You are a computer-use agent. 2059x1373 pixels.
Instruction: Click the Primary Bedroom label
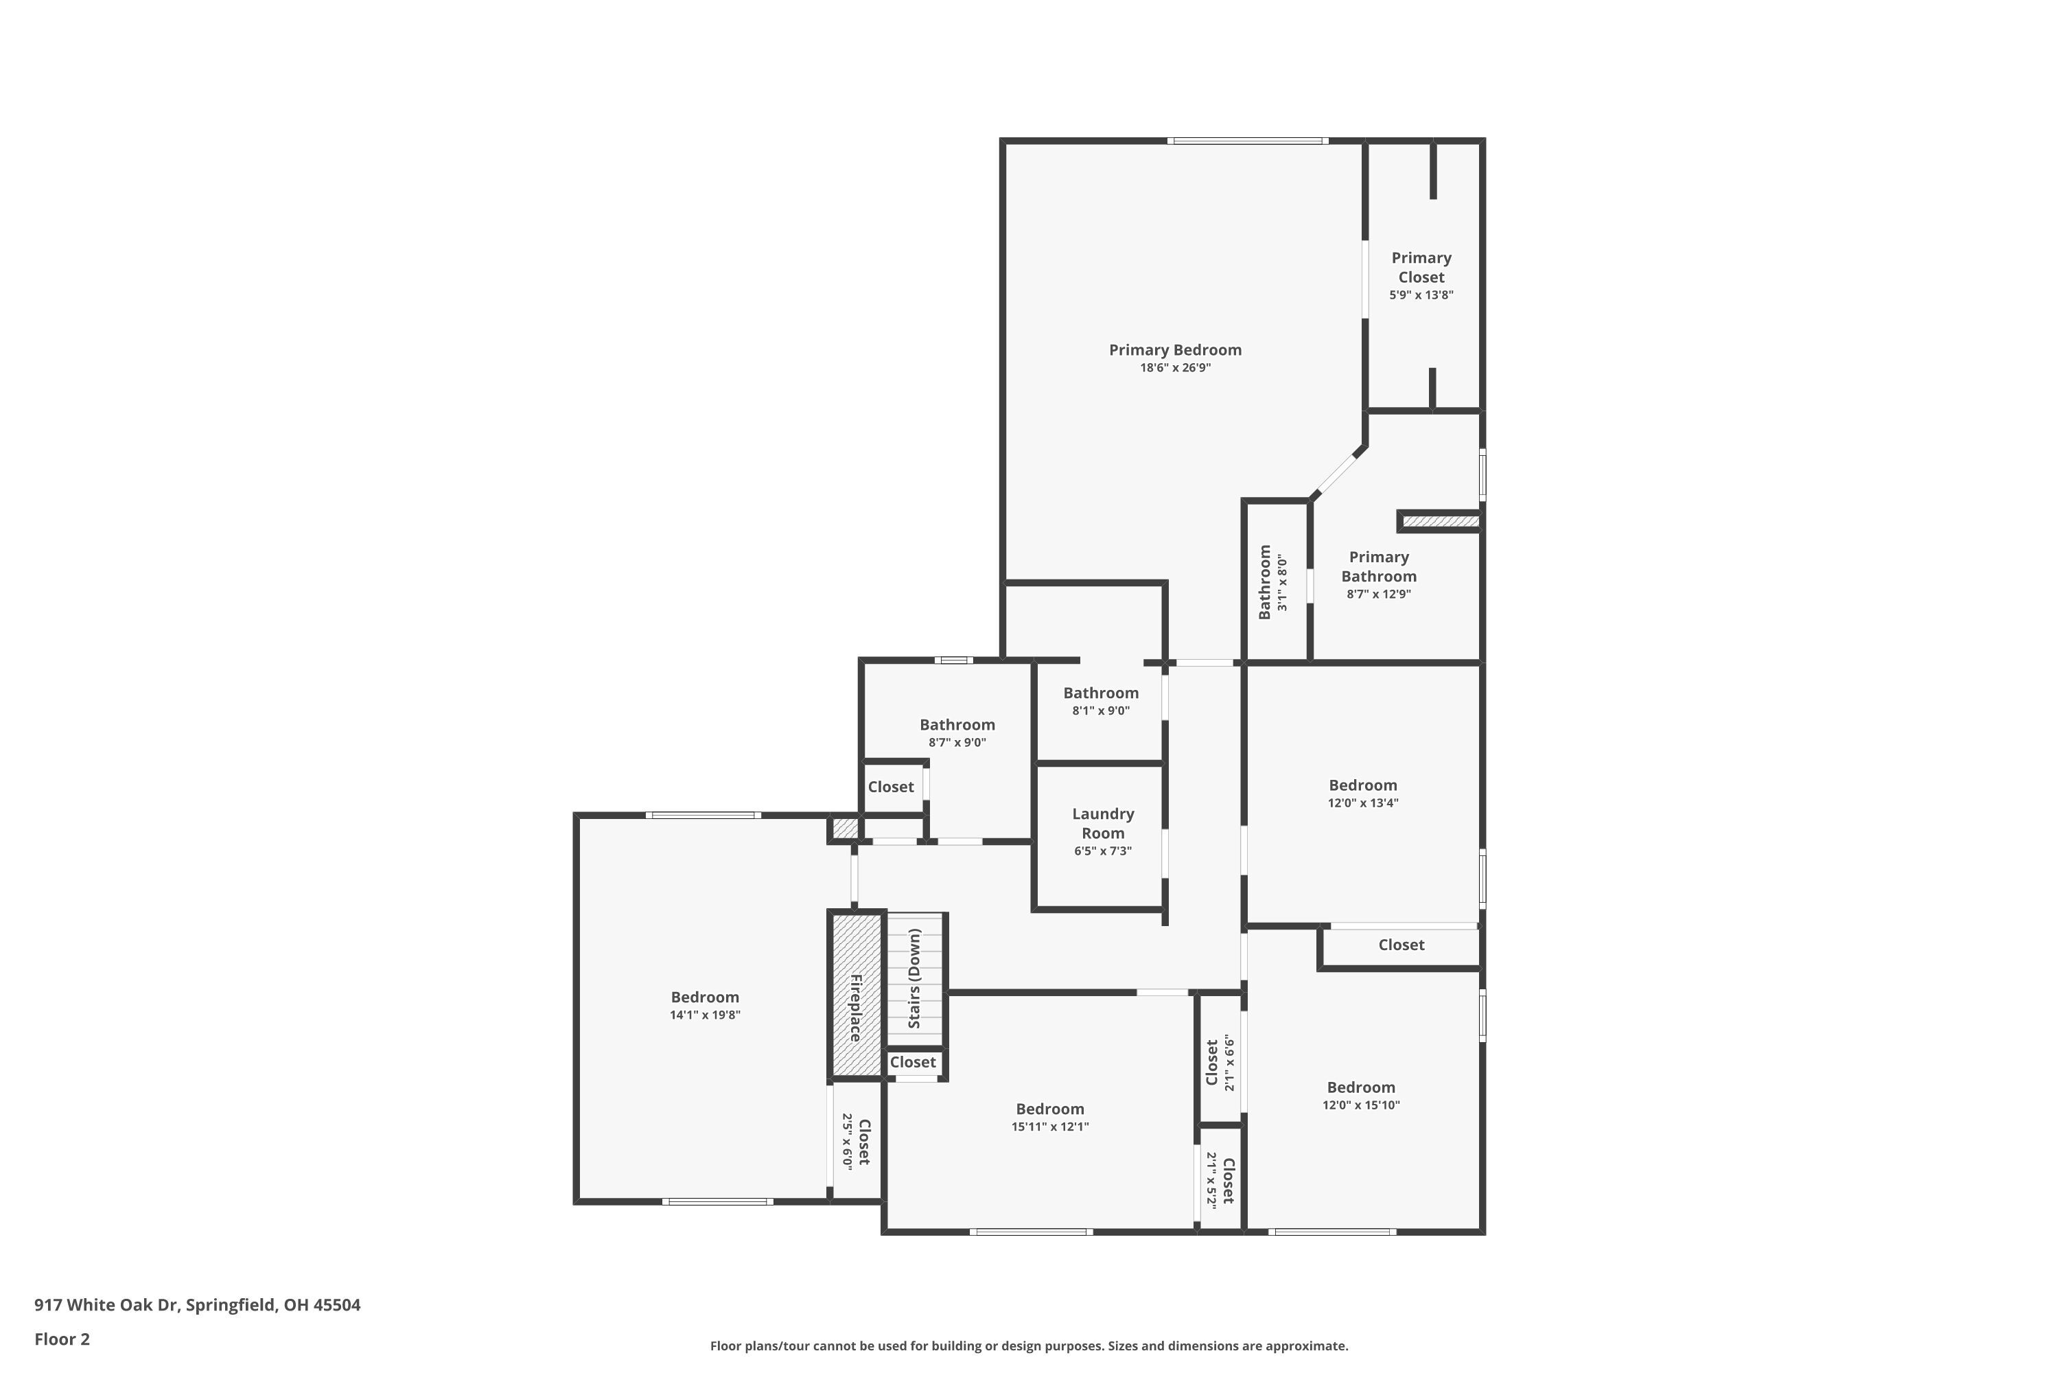[x=1175, y=350]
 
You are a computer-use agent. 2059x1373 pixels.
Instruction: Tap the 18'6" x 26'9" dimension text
[x=1175, y=369]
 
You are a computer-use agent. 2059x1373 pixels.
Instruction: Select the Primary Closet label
[x=1421, y=267]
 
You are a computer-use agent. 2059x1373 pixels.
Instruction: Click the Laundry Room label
[x=1102, y=823]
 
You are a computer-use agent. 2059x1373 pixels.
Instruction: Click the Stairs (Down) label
[x=915, y=978]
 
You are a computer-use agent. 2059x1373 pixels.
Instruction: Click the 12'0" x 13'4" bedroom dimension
[x=1362, y=804]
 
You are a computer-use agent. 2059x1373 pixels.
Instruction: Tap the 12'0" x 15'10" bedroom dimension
[x=1360, y=1106]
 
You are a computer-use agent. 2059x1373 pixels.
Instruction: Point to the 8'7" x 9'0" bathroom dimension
[x=957, y=743]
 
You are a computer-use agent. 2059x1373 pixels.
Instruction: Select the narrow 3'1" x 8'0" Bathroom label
[x=1264, y=582]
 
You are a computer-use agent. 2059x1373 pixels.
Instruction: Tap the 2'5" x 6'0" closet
[x=855, y=1142]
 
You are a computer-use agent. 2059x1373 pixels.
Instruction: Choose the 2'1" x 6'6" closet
[x=1220, y=1062]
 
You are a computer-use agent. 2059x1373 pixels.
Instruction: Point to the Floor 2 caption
[x=62, y=1339]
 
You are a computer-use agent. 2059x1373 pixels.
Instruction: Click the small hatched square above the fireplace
[x=845, y=827]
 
